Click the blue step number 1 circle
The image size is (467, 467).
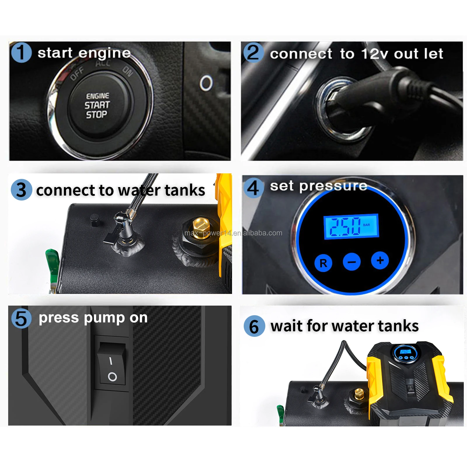click(21, 53)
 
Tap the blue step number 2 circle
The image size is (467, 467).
click(253, 53)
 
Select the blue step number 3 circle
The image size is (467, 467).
click(21, 190)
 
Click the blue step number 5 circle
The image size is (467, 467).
click(21, 318)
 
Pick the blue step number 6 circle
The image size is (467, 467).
click(254, 326)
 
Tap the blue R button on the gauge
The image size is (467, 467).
click(323, 263)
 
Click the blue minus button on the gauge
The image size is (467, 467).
click(351, 262)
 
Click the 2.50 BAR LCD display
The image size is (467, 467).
click(351, 226)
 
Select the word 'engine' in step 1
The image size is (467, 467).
click(104, 53)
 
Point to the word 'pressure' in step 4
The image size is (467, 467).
click(333, 186)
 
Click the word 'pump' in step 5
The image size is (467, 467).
click(104, 318)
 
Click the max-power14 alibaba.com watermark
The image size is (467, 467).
click(233, 233)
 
